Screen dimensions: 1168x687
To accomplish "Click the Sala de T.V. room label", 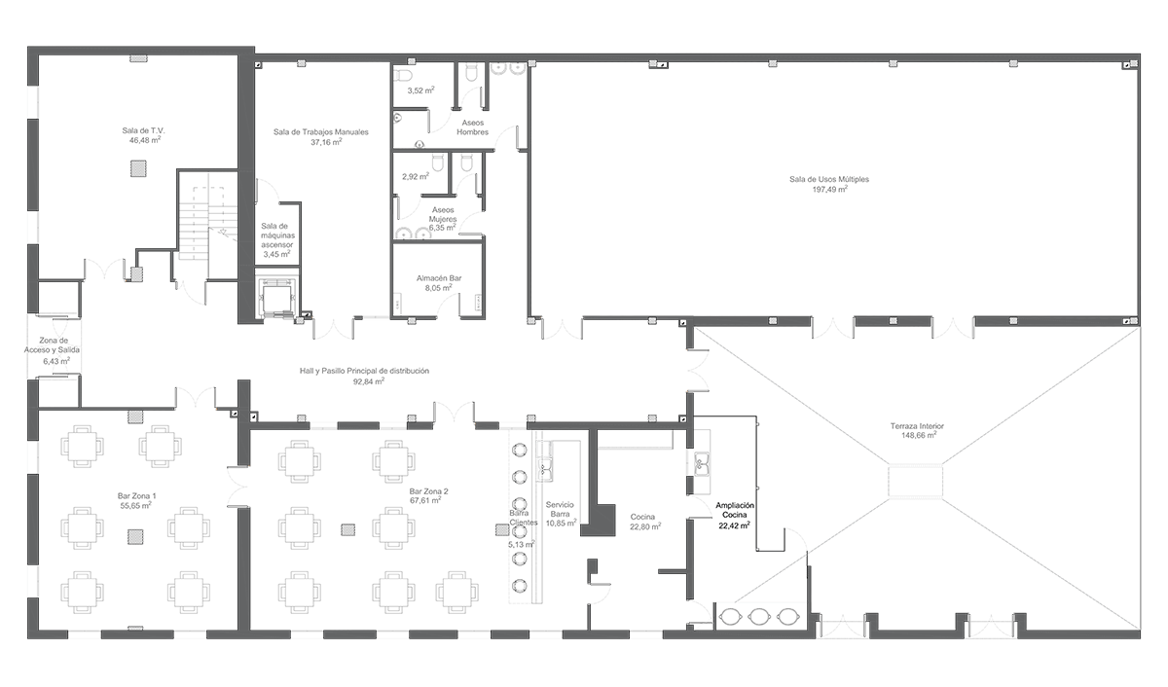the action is click(143, 130).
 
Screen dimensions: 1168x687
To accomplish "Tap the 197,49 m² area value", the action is click(829, 189).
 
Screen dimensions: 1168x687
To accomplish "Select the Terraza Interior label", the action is click(917, 426).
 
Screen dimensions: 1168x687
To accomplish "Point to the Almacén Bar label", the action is click(439, 278).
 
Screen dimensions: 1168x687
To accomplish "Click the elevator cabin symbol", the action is click(278, 298).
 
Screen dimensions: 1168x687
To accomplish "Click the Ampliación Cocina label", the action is click(735, 510).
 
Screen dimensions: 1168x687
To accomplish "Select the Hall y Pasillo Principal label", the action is click(364, 371).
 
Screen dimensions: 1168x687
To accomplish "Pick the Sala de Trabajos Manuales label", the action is click(320, 132).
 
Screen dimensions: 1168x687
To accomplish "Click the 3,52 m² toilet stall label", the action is click(420, 90).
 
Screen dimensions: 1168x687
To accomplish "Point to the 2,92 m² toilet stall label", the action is click(416, 177).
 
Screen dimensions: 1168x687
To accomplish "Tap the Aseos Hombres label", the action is click(473, 127).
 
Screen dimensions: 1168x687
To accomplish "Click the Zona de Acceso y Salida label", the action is click(53, 345).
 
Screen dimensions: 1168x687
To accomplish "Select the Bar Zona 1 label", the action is click(136, 496).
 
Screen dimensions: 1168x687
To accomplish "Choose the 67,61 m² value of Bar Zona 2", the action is click(425, 500).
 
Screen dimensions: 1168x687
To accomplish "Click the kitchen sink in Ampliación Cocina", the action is click(702, 464).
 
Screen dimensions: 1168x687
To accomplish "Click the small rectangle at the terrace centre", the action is click(915, 482).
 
